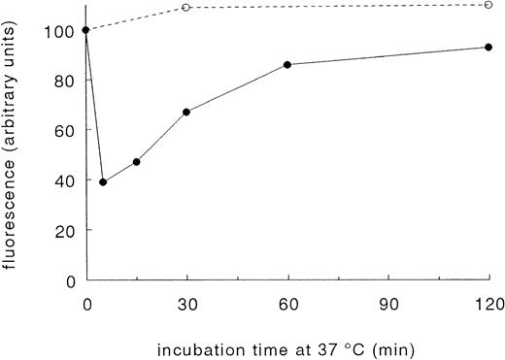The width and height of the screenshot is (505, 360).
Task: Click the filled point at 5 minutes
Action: (x=103, y=182)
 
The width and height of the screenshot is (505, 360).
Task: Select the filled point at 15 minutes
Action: (x=136, y=162)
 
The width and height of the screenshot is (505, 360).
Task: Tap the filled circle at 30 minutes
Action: (x=186, y=112)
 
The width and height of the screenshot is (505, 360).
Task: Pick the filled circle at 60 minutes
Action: (x=287, y=64)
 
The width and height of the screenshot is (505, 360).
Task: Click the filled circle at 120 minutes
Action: (x=488, y=47)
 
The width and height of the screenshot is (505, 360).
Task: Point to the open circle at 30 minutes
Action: (x=186, y=8)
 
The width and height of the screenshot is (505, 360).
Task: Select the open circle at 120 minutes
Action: (x=488, y=5)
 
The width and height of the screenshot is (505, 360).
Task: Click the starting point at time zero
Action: (x=86, y=30)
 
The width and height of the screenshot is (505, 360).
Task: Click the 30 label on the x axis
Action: (x=186, y=302)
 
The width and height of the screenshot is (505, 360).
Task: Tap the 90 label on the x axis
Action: (x=388, y=302)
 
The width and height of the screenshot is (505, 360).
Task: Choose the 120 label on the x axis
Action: (x=488, y=302)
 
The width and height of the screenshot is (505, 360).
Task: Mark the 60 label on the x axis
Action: (x=287, y=302)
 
